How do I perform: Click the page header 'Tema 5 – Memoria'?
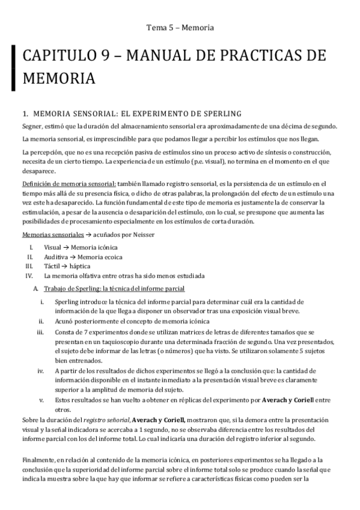pos(180,27)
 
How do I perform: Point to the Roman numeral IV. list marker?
pos(29,275)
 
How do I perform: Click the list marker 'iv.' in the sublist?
pos(40,371)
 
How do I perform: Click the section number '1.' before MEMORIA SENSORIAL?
pos(25,112)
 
